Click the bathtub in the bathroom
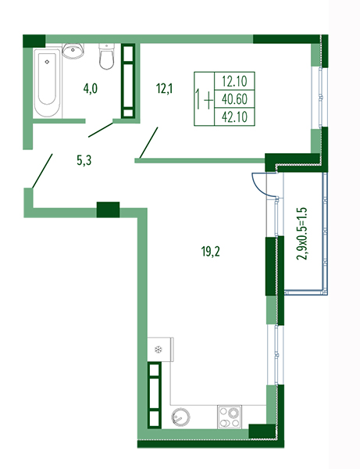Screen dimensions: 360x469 48,83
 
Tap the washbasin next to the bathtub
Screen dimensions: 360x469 73,51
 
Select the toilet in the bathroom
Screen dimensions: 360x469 106,56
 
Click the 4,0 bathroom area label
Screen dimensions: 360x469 91,89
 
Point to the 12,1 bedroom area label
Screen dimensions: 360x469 164,89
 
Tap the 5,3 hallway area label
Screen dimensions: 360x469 84,160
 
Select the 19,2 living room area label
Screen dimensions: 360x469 211,252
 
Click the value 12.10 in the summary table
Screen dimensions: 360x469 234,81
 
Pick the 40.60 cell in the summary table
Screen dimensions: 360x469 234,99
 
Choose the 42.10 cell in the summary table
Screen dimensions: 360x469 234,116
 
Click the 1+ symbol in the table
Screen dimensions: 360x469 204,99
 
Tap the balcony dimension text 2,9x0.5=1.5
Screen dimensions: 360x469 302,234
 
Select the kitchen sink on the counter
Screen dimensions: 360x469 180,417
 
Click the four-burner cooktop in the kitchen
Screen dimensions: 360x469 230,417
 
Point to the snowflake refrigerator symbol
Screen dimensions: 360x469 158,349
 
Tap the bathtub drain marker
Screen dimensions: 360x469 47,62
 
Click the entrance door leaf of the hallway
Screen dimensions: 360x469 42,170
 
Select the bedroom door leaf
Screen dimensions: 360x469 148,143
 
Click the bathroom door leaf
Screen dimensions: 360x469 101,130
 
